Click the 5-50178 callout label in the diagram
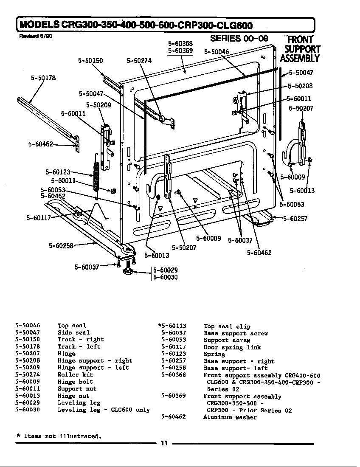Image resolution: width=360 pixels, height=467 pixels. [43, 78]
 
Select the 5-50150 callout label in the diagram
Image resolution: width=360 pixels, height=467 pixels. [90, 61]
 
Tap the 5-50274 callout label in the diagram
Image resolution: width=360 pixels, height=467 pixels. [139, 61]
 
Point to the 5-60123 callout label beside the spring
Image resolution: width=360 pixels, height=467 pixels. [58, 172]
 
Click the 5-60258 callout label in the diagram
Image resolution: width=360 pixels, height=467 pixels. [61, 245]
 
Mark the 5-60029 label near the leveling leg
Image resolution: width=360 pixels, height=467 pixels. [166, 270]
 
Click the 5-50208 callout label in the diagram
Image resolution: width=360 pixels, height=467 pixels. [300, 86]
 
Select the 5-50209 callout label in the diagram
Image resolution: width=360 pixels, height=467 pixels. [98, 105]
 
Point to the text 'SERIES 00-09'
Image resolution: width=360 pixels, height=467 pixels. [239, 39]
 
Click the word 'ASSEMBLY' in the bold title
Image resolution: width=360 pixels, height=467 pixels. [300, 58]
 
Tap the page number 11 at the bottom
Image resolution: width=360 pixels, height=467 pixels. [165, 443]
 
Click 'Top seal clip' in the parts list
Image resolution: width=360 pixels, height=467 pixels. [227, 326]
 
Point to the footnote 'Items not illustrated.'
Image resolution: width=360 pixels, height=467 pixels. [62, 436]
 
